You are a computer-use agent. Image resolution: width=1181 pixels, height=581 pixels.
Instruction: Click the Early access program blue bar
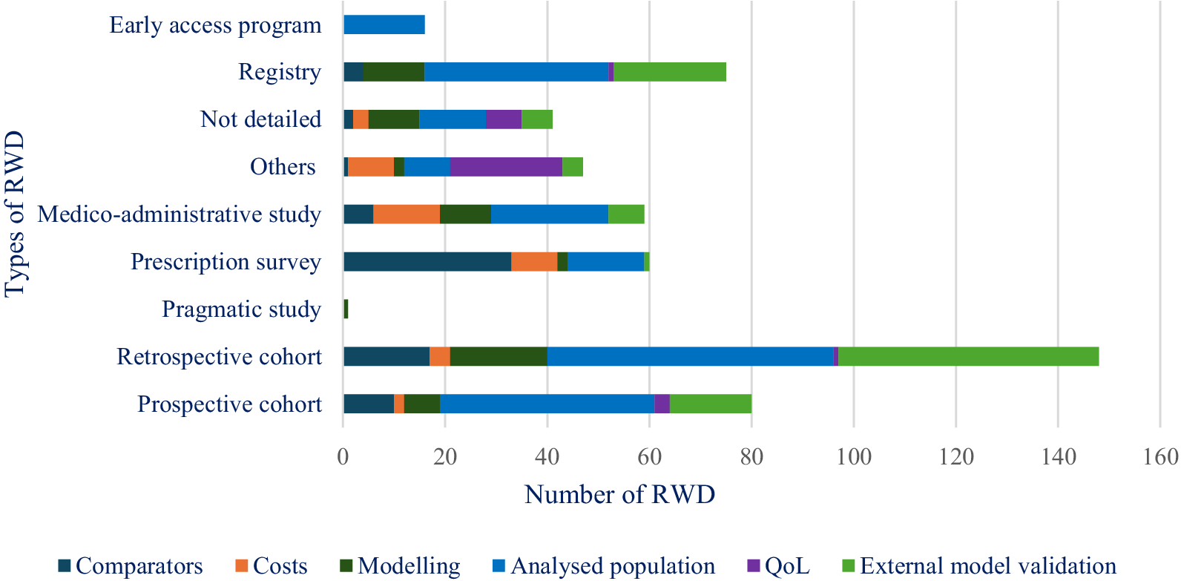tap(384, 24)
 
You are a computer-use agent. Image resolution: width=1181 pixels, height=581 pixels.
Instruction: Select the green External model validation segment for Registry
tap(670, 72)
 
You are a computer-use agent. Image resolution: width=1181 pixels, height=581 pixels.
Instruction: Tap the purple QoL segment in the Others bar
tap(506, 167)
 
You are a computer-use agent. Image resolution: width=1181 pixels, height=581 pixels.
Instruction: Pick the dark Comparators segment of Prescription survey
tap(427, 262)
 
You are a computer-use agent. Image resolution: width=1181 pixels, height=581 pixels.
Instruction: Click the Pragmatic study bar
tap(346, 309)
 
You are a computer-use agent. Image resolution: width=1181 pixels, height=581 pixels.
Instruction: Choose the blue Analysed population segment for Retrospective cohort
tap(690, 356)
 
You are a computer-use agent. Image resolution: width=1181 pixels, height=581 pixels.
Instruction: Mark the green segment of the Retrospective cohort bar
tap(968, 356)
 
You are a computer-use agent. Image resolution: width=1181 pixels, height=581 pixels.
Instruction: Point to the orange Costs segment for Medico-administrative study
tap(407, 214)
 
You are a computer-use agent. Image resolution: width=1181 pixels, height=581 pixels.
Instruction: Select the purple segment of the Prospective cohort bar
tap(662, 404)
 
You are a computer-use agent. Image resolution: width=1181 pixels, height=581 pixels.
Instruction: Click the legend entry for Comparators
tap(131, 566)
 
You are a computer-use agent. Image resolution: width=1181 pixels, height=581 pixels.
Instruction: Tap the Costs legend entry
tap(272, 566)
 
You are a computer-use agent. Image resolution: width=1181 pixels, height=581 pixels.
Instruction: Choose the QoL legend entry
tap(779, 566)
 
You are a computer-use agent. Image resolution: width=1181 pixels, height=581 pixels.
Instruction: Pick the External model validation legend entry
tap(979, 566)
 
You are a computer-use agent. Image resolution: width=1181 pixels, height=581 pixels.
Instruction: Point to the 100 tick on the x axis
tap(854, 456)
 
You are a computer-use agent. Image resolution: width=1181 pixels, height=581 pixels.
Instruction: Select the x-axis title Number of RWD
tap(619, 494)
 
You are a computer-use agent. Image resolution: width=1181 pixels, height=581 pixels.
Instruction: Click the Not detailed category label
tap(260, 119)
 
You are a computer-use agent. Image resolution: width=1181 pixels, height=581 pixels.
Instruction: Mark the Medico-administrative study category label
tap(180, 214)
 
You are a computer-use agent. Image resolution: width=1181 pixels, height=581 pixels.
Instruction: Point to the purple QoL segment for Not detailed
tap(504, 119)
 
